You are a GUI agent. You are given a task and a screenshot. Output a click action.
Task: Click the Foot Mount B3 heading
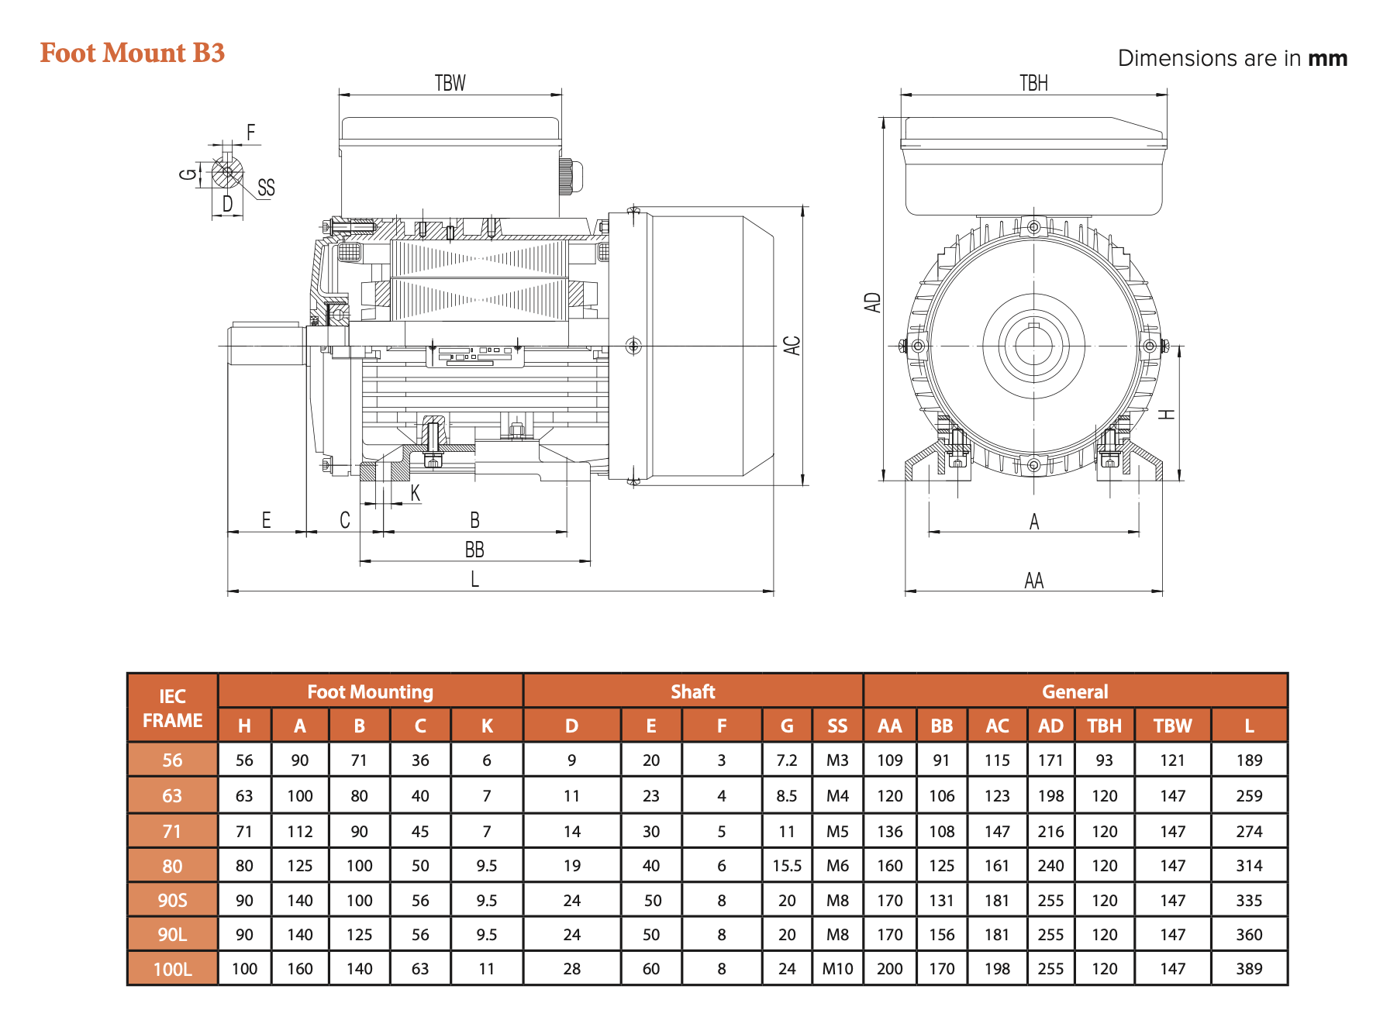tap(132, 53)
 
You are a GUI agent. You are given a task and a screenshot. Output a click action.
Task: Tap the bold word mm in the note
tap(1327, 59)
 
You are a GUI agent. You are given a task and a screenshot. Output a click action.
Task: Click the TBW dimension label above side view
tap(450, 83)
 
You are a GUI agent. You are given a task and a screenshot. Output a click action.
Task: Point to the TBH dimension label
tap(1033, 83)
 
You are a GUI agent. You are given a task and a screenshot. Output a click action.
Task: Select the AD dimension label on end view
tap(873, 302)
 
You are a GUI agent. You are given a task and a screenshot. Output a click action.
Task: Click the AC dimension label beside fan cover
tap(792, 345)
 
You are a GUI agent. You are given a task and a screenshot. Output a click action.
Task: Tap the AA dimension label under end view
tap(1033, 581)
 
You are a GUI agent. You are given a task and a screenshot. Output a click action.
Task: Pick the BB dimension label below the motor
tap(474, 550)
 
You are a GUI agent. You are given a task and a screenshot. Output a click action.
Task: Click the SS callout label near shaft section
tap(266, 188)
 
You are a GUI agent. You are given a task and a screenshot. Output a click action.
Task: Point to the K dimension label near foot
tap(415, 493)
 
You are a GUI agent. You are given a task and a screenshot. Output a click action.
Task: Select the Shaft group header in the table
tap(692, 691)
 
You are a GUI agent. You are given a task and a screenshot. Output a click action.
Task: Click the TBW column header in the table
tap(1171, 726)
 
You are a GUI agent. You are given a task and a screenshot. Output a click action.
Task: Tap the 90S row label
tap(172, 900)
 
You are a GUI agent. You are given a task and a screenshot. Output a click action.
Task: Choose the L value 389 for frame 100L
tap(1248, 968)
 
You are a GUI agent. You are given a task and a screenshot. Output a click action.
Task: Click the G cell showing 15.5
tap(786, 866)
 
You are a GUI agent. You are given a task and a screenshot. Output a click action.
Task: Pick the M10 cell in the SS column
tap(836, 968)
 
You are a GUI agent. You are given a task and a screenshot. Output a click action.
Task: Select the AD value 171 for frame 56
tap(1050, 760)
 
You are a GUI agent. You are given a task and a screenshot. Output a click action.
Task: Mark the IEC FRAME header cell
tap(172, 708)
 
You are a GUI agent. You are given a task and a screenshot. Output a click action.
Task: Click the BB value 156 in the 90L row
tap(941, 934)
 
